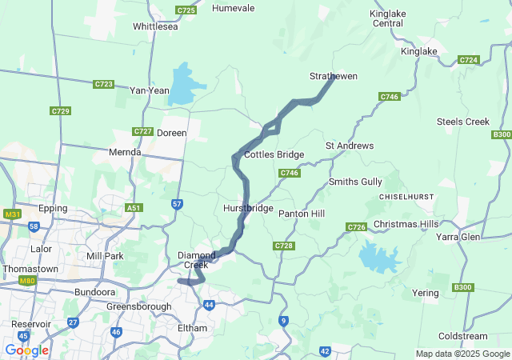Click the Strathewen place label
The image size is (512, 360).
(x=333, y=76)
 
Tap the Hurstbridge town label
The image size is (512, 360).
(x=248, y=208)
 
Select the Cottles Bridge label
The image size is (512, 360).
(x=274, y=154)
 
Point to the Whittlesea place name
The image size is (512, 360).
(x=155, y=26)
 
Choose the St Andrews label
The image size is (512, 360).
(x=349, y=146)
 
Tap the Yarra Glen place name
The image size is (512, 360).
(x=457, y=238)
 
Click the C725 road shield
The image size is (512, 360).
(x=186, y=10)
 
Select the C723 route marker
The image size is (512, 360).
(x=103, y=84)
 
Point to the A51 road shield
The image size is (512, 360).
(x=134, y=208)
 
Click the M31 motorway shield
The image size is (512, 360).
(x=11, y=214)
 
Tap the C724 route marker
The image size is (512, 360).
(x=469, y=60)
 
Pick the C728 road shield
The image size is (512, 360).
(x=283, y=246)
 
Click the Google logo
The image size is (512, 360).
(x=26, y=350)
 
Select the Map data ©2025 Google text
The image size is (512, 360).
(x=462, y=354)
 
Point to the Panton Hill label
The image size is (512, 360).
(x=301, y=214)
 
